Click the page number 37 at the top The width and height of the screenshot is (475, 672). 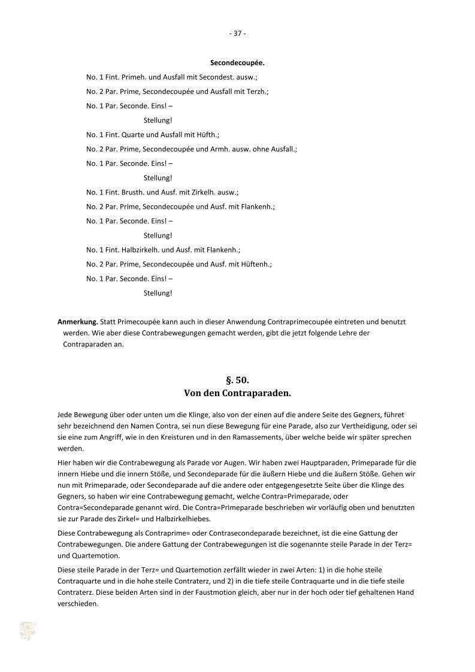[237, 34]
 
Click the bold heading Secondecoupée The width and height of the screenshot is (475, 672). [237, 63]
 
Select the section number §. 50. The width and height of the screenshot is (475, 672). [237, 380]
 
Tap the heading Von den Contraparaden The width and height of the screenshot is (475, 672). [237, 393]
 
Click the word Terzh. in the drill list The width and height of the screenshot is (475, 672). [258, 92]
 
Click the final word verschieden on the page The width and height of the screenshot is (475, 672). [78, 603]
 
